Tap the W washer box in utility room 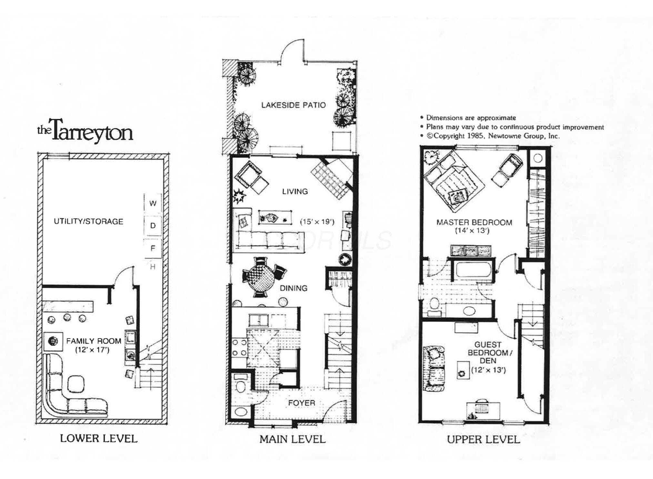pos(153,203)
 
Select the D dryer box pos(153,225)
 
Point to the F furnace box pos(153,248)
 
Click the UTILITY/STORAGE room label pos(88,221)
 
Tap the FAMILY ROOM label pos(94,341)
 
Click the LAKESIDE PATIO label pos(293,105)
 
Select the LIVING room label pos(295,191)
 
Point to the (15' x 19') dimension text pos(317,222)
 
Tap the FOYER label pos(301,403)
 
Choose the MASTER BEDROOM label pos(474,222)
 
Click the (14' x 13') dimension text pos(472,231)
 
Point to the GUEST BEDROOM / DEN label pos(488,353)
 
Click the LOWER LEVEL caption pos(99,438)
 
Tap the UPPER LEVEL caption pos(483,439)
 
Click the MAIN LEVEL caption pos(293,439)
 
